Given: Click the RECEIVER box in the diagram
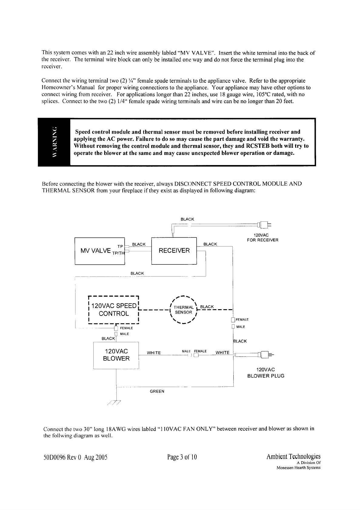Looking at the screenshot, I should [174, 251].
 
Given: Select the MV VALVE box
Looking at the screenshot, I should [100, 251].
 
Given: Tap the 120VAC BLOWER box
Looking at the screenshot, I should [116, 355].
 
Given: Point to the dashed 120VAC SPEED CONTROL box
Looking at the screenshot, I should [114, 310].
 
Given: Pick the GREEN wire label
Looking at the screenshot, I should [157, 391].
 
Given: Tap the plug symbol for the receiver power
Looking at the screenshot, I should [263, 225].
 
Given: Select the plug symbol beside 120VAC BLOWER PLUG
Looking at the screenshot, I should [264, 354].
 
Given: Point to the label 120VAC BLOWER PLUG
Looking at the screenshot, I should [266, 373].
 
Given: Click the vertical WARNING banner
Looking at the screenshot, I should [54, 142].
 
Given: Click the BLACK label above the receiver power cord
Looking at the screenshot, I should [187, 219].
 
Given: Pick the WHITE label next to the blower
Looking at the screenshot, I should [154, 353].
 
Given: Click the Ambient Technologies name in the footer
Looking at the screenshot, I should [293, 456].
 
